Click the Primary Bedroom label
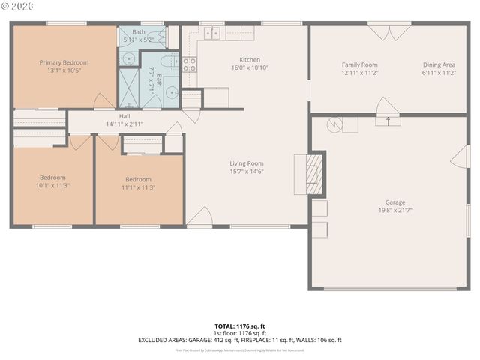pos(64,62)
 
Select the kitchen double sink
pos(213,33)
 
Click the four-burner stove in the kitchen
pos(190,64)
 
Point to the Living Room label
pos(246,163)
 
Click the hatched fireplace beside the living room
pos(317,174)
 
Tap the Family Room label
pos(359,64)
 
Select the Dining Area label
pos(439,64)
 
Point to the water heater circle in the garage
pos(334,124)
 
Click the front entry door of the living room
pos(199,217)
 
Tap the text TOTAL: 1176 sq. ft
pos(239,325)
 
